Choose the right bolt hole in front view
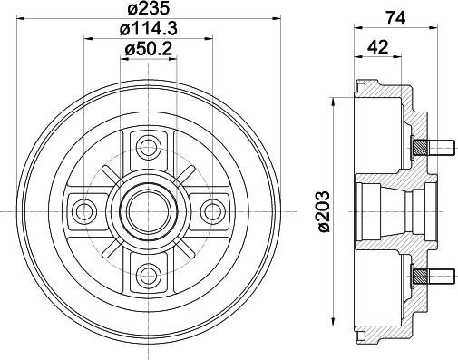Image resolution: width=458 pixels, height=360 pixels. click(x=212, y=210)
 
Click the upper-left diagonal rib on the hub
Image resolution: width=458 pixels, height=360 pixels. click(x=116, y=178)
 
